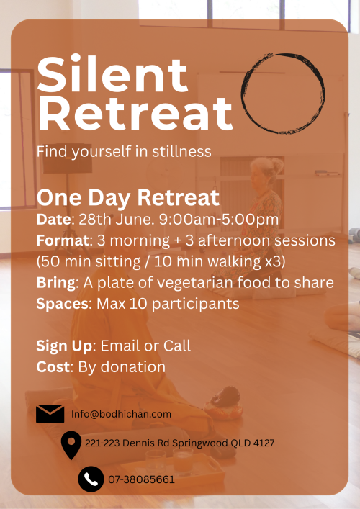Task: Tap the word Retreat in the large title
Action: tap(135, 114)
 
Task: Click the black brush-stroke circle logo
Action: tap(283, 93)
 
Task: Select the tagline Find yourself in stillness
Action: tap(124, 152)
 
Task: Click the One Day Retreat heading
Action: tap(128, 198)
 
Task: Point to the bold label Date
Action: tap(53, 220)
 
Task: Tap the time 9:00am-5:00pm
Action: tap(219, 220)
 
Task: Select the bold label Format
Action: tap(63, 241)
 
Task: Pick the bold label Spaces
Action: tap(63, 304)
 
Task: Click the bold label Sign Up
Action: tap(64, 346)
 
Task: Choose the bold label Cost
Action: tap(53, 367)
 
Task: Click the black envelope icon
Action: tap(50, 413)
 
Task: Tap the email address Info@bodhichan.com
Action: tap(121, 414)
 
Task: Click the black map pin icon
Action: tap(71, 444)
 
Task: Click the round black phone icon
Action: tap(91, 479)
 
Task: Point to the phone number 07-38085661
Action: tap(142, 479)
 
